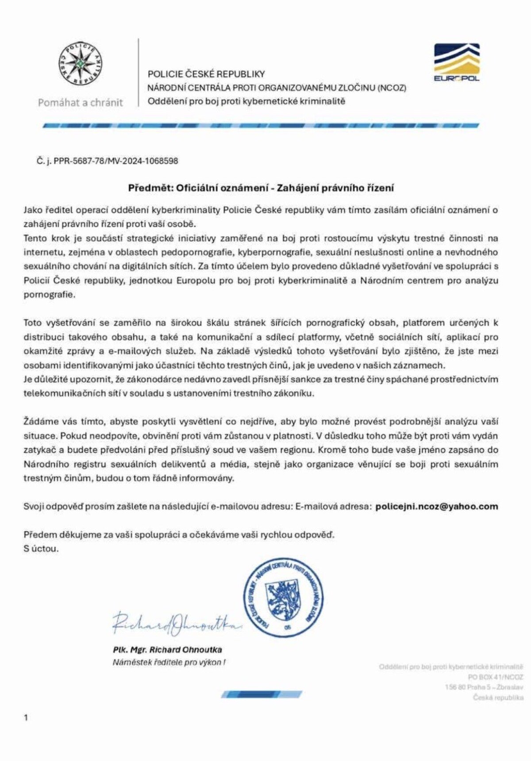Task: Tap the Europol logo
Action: pyautogui.click(x=456, y=62)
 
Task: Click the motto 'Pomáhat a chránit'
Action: pyautogui.click(x=80, y=103)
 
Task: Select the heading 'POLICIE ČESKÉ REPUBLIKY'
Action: pyautogui.click(x=206, y=74)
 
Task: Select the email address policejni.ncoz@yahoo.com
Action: pyautogui.click(x=436, y=507)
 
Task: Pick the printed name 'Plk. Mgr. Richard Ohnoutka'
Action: pyautogui.click(x=167, y=650)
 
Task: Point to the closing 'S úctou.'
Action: pyautogui.click(x=41, y=549)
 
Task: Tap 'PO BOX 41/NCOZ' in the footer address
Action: pyautogui.click(x=495, y=677)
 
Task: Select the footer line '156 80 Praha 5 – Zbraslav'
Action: pyautogui.click(x=484, y=687)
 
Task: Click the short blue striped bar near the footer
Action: pyautogui.click(x=262, y=694)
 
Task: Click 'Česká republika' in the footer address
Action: pyautogui.click(x=498, y=697)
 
